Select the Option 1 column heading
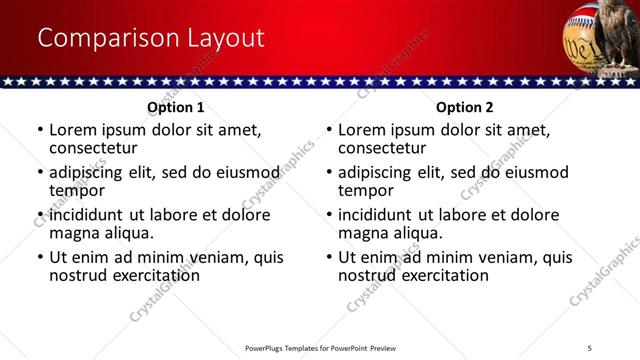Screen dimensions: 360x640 click(176, 107)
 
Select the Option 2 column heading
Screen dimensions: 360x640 click(465, 107)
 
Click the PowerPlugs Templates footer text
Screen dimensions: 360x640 click(320, 347)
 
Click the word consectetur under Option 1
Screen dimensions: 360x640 click(92, 148)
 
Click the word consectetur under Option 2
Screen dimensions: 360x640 click(381, 148)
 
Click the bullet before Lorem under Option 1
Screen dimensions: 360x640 click(40, 130)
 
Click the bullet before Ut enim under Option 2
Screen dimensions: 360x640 click(329, 257)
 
